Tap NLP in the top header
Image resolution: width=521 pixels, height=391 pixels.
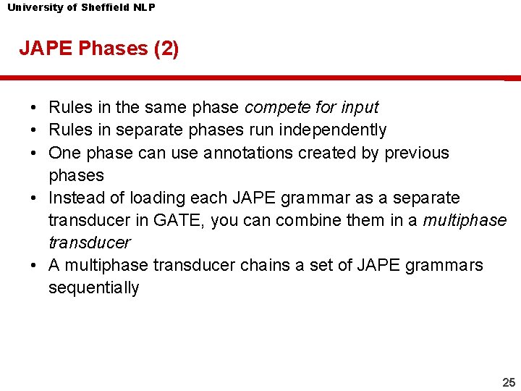pos(145,7)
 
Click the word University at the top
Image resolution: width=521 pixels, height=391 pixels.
pos(33,7)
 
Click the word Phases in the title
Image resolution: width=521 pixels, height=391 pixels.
pos(112,49)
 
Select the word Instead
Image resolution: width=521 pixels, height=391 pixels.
pos(75,198)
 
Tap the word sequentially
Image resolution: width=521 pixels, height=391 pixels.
pos(93,287)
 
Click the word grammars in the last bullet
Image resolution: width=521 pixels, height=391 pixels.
pos(445,265)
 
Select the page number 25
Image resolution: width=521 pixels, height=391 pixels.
pos(509,382)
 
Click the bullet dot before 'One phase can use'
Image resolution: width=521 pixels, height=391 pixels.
pos(35,153)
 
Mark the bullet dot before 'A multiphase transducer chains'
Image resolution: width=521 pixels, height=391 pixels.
pos(35,265)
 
